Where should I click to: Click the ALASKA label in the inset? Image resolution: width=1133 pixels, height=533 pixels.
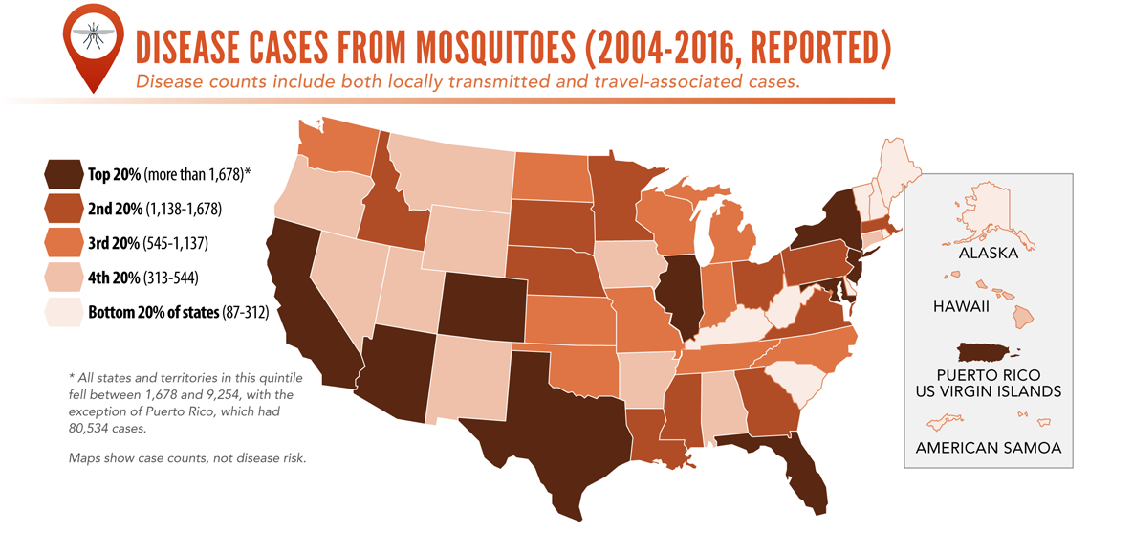pyautogui.click(x=989, y=255)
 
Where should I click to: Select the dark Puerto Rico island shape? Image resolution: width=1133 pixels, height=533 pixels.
pyautogui.click(x=987, y=352)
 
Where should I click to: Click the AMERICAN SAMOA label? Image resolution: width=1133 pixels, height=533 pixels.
pyautogui.click(x=988, y=448)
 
